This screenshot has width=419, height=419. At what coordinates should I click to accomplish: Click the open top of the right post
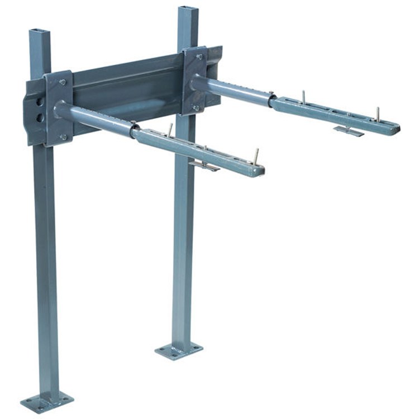tap(188, 9)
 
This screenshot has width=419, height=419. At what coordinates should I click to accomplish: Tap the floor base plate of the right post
tap(179, 351)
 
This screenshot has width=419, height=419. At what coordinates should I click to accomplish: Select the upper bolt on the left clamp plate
tap(62, 82)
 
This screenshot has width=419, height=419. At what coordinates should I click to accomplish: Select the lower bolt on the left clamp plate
tap(63, 136)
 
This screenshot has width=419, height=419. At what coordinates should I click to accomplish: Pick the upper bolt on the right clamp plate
tap(199, 56)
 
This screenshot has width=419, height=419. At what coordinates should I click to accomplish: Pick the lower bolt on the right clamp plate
tap(196, 108)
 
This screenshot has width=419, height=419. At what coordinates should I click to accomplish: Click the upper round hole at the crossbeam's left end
tap(39, 102)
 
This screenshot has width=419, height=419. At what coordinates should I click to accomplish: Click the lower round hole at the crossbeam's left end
tap(39, 118)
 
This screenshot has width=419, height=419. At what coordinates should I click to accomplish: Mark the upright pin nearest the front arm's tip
tap(256, 156)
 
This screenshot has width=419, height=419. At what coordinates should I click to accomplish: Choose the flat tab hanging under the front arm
tap(204, 165)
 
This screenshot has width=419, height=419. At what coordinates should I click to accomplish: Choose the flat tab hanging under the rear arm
tap(348, 131)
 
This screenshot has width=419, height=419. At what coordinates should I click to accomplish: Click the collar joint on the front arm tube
tap(134, 130)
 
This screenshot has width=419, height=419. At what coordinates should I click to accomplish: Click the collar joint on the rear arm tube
tap(271, 100)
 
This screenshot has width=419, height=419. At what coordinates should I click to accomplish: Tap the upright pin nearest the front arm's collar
tap(170, 130)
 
